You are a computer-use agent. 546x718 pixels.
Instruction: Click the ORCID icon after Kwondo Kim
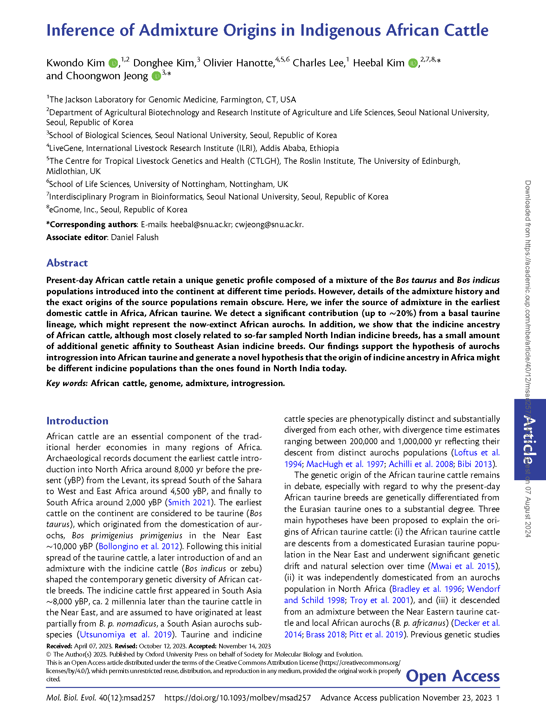[x=113, y=63]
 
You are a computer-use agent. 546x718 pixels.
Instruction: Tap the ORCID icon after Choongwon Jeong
[x=156, y=76]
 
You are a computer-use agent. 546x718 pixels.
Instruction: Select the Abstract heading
[x=67, y=263]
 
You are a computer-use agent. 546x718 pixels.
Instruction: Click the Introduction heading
[x=77, y=421]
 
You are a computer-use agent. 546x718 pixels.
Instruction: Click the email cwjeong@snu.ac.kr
[x=269, y=225]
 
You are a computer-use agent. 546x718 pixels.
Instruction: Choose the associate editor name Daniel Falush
[x=135, y=237]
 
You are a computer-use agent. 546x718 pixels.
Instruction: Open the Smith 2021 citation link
[x=189, y=502]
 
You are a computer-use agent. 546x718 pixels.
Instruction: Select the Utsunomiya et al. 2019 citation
[x=126, y=634]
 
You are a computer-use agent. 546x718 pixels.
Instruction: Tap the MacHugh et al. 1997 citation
[x=345, y=464]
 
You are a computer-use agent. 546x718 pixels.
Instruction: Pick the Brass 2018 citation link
[x=325, y=634]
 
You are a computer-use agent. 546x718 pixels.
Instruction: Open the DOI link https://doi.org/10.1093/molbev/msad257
[x=237, y=698]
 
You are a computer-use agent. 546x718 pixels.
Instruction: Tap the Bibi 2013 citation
[x=474, y=464]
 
